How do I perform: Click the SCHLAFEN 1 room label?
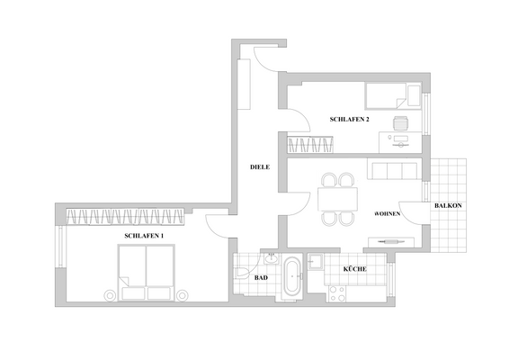click(144, 235)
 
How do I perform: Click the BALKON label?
click(448, 206)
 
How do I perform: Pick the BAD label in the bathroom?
click(261, 278)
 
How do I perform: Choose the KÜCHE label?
click(353, 269)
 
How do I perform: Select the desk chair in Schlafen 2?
click(401, 125)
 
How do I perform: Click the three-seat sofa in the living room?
click(393, 171)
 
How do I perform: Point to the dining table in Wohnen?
click(338, 197)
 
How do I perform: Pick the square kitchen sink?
click(316, 263)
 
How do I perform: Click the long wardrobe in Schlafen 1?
click(126, 214)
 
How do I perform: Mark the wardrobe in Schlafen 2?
click(309, 143)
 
